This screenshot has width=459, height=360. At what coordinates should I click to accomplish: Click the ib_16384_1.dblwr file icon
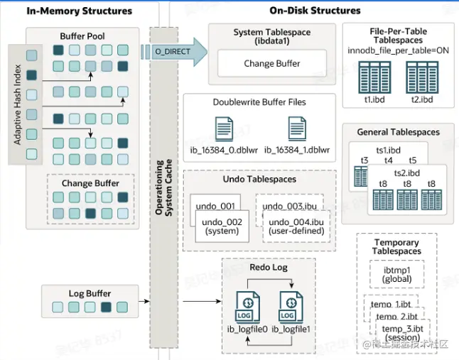tap(297, 129)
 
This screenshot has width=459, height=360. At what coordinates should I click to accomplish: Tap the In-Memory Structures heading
tap(69, 11)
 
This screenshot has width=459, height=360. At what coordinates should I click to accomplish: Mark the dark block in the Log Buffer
tap(107, 307)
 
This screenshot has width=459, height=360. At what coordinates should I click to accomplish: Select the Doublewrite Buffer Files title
tap(259, 102)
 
